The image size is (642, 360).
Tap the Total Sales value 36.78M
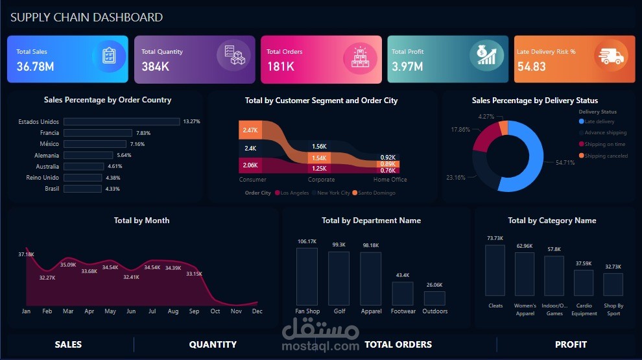click(x=35, y=66)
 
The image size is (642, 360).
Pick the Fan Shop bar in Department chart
click(x=307, y=276)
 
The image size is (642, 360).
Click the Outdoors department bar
click(x=434, y=298)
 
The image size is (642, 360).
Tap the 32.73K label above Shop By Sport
click(x=613, y=267)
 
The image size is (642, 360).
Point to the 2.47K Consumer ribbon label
click(x=250, y=130)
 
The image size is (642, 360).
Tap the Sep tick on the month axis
click(x=194, y=311)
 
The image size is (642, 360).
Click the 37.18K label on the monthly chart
click(x=26, y=254)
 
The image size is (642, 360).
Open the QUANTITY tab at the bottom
click(x=213, y=344)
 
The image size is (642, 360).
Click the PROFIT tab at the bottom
click(x=571, y=344)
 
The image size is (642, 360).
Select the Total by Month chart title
click(x=141, y=221)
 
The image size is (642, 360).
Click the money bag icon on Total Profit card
click(x=486, y=54)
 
